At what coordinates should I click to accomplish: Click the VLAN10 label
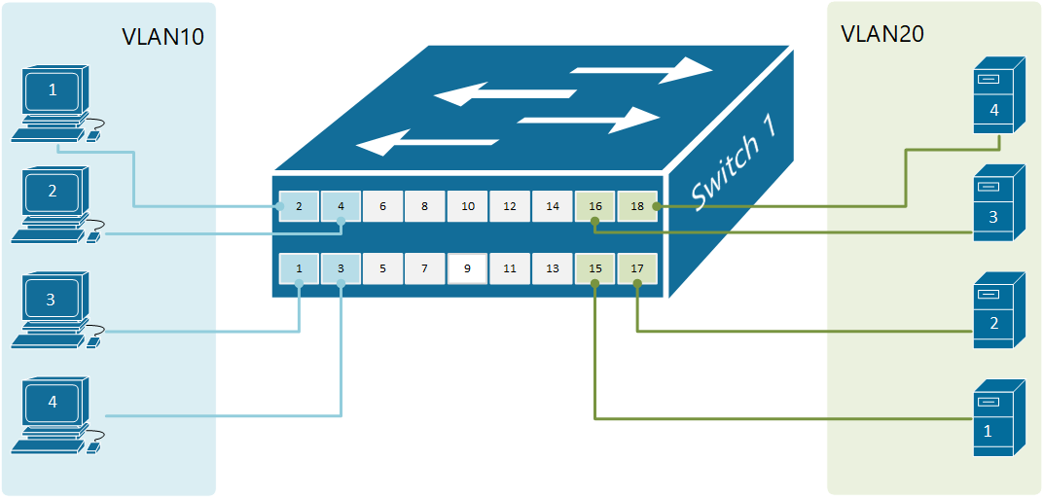(x=162, y=37)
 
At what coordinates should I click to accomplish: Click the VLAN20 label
(x=881, y=34)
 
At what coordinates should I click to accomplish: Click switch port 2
(x=299, y=206)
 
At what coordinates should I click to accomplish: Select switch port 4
(x=341, y=206)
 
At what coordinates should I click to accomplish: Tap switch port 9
(x=467, y=268)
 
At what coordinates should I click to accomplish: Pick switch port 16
(x=595, y=206)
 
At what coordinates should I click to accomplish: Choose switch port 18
(x=637, y=206)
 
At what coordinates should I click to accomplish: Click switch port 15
(x=595, y=268)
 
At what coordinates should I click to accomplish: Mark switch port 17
(x=637, y=268)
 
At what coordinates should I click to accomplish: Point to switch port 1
(x=299, y=268)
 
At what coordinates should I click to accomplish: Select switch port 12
(x=510, y=206)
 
